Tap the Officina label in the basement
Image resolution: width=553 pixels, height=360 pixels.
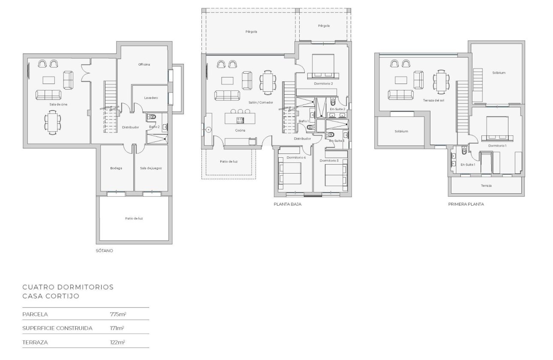[144, 64]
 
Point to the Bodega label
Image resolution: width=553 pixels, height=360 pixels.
[116, 168]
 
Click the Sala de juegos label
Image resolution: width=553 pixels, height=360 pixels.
[151, 168]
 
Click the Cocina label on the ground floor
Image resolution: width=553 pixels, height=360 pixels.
[240, 130]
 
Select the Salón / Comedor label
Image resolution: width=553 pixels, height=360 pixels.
[261, 102]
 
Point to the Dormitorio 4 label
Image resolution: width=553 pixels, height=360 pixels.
[296, 158]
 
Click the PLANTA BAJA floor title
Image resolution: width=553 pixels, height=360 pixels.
[287, 204]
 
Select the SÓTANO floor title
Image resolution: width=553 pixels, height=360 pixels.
[105, 251]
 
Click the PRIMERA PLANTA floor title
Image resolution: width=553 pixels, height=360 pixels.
[466, 204]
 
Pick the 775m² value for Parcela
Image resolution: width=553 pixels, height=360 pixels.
[117, 314]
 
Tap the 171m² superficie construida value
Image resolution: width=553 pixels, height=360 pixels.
[117, 328]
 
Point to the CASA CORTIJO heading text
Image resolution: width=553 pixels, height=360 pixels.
[51, 296]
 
